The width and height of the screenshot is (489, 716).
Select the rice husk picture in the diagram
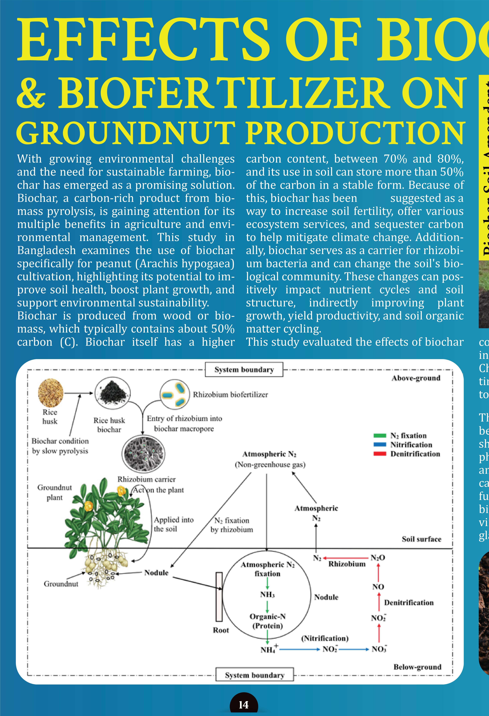(x=51, y=393)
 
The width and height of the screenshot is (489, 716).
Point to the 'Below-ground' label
(x=417, y=667)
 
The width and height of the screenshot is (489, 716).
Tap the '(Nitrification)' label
(x=325, y=638)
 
